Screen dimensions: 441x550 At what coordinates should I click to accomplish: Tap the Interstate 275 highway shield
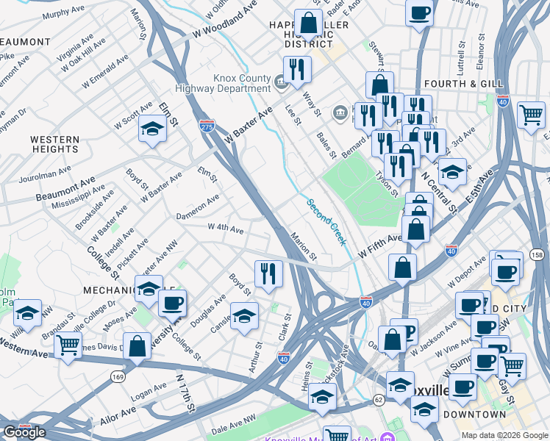[x=207, y=126]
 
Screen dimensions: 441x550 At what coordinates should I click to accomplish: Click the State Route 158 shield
[x=537, y=254]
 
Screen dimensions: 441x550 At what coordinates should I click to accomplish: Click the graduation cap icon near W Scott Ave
[x=152, y=130]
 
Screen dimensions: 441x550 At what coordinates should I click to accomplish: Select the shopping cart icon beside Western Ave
[x=68, y=344]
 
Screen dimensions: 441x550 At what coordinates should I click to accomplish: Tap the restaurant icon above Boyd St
[x=268, y=273]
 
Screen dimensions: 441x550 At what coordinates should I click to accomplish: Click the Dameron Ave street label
[x=197, y=207]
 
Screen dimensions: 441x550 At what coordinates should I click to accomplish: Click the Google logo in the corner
[x=24, y=432]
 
